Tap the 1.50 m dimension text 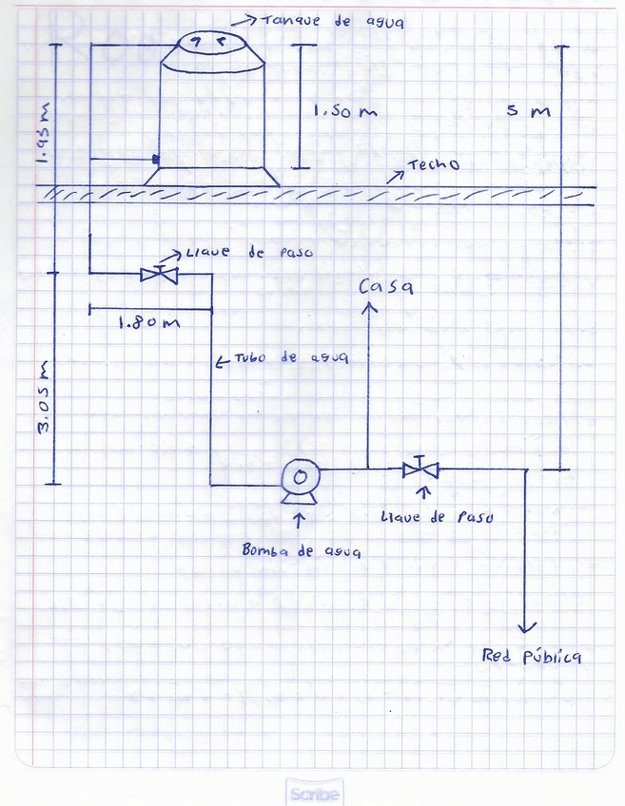(345, 111)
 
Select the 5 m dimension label (529, 111)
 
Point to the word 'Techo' (433, 165)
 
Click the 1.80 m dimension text (148, 322)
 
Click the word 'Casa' (384, 286)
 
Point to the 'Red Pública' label (531, 657)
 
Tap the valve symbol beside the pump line (420, 469)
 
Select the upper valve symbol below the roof (159, 275)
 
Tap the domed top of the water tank (211, 42)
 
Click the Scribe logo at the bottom (314, 793)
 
